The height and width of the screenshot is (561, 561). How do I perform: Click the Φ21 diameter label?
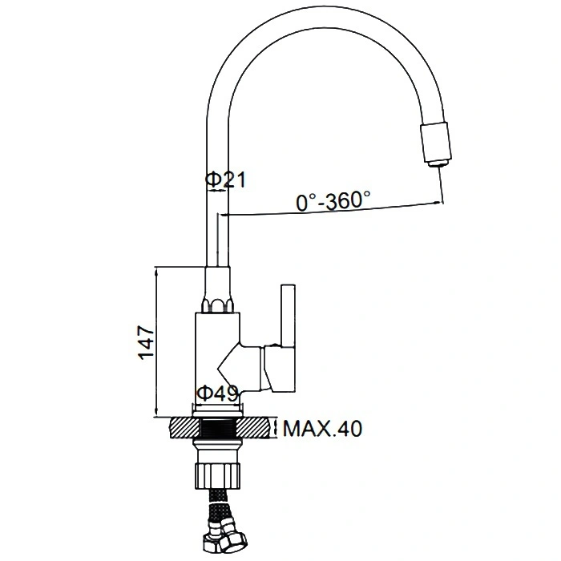(x=225, y=180)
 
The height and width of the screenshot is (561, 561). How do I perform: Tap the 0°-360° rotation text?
(x=333, y=200)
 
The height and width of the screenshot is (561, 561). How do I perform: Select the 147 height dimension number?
(x=146, y=342)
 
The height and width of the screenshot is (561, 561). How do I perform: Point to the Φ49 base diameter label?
(x=217, y=394)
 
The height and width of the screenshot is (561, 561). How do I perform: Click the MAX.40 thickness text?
(x=322, y=428)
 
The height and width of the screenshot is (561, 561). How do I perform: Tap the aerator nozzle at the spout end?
(x=435, y=143)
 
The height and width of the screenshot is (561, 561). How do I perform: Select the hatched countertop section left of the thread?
(x=185, y=428)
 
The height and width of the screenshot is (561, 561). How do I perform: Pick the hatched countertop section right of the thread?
(x=253, y=428)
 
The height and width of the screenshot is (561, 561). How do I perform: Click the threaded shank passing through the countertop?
(x=218, y=428)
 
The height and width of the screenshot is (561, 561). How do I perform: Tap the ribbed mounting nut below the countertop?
(x=217, y=475)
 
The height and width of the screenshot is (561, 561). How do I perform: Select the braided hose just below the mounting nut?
(x=217, y=501)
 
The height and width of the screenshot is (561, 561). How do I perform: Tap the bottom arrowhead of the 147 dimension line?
(x=156, y=412)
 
